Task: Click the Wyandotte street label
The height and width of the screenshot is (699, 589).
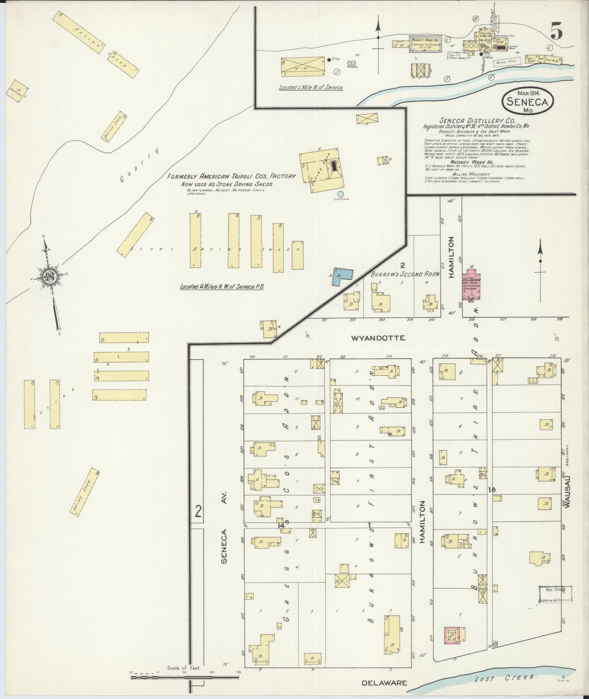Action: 378,338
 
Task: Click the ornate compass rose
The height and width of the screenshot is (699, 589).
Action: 51,276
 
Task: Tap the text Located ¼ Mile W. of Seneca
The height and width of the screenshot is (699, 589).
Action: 311,87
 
